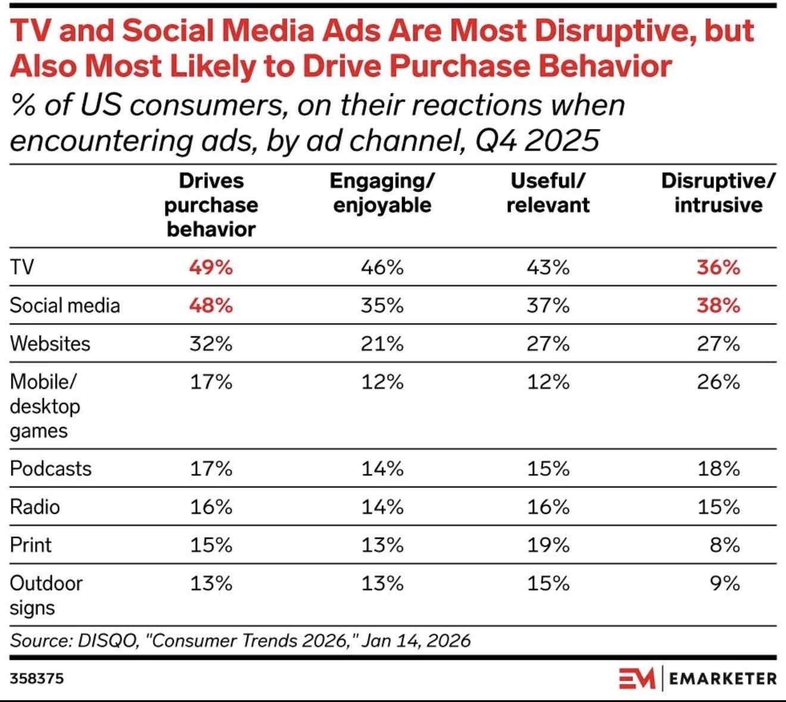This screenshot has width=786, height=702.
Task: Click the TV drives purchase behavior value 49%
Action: tap(211, 267)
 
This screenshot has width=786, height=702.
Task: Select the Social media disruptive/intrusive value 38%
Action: tap(718, 305)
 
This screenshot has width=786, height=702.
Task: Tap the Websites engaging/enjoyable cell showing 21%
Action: tap(382, 344)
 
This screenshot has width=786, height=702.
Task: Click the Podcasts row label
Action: tap(51, 469)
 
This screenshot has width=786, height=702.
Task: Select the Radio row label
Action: tap(35, 507)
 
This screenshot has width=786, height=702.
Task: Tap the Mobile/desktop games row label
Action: tap(45, 406)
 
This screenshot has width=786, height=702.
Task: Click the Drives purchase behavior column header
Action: tap(211, 205)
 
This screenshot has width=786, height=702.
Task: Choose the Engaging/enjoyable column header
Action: tap(382, 193)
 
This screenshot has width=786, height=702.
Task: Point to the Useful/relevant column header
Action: tap(548, 193)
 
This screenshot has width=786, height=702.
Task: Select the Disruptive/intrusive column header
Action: tap(718, 193)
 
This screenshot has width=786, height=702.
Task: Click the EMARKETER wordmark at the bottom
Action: tap(722, 678)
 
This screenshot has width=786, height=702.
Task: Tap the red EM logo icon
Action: tap(637, 678)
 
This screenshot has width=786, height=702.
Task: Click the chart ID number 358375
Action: tap(37, 678)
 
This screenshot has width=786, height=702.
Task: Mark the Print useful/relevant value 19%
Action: tap(548, 545)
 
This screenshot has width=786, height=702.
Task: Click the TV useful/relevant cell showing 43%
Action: tap(548, 267)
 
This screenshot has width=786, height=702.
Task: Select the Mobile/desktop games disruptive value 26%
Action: tap(718, 382)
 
